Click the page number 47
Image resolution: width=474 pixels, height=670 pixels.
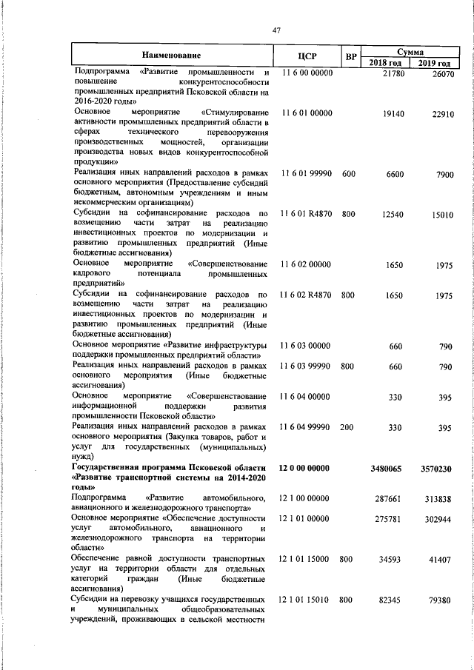(x=277, y=30)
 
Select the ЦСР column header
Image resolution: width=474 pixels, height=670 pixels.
(x=307, y=56)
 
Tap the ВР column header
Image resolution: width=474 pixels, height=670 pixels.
(x=351, y=56)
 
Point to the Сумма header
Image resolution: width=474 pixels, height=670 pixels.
(x=410, y=52)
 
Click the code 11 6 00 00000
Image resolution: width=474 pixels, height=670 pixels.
(x=307, y=73)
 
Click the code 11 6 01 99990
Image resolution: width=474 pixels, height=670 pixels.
(x=307, y=173)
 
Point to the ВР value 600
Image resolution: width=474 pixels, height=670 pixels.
(x=349, y=173)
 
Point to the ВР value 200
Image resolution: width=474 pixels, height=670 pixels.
(x=349, y=428)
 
